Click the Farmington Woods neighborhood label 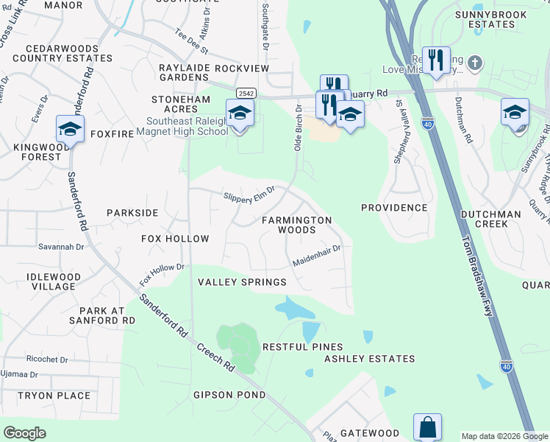point(297,225)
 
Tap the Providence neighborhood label point(394,208)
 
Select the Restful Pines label point(302,347)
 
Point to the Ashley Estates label point(370,359)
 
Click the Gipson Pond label point(229,395)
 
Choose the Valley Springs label point(242,282)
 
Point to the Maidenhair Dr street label point(316,254)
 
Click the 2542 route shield point(246,92)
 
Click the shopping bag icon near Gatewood point(428,427)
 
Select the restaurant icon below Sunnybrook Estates point(437,60)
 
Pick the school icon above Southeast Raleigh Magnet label point(240,113)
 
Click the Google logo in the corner point(24,433)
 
